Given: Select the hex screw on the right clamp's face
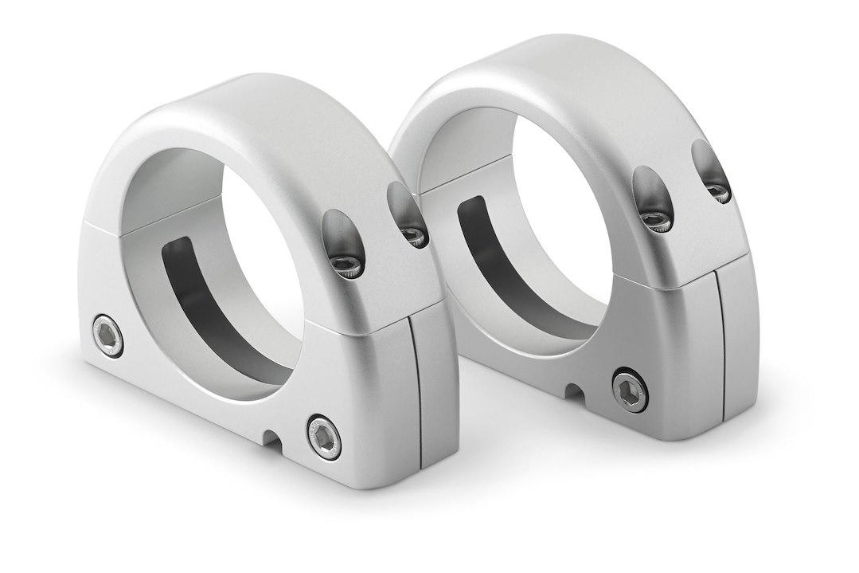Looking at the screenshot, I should click(629, 391).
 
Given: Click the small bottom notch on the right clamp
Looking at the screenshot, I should click(572, 391).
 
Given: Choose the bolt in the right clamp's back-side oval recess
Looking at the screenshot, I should click(718, 191).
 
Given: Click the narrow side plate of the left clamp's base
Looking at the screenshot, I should click(437, 391).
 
